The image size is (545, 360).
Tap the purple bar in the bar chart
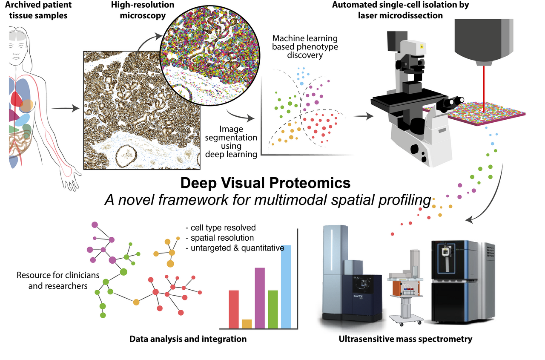click(x=260, y=298)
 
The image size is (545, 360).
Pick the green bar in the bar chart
click(x=273, y=309)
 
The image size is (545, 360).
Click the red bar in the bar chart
click(x=234, y=309)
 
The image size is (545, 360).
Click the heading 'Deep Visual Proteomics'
click(x=265, y=183)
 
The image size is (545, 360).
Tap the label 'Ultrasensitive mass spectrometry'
click(x=406, y=340)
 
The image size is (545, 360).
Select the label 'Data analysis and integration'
click(x=188, y=340)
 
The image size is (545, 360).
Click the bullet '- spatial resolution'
click(x=220, y=238)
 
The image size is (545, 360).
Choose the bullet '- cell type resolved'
click(x=221, y=228)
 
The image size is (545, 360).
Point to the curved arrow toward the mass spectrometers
click(x=494, y=192)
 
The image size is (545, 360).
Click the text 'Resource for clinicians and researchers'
click(x=52, y=280)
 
